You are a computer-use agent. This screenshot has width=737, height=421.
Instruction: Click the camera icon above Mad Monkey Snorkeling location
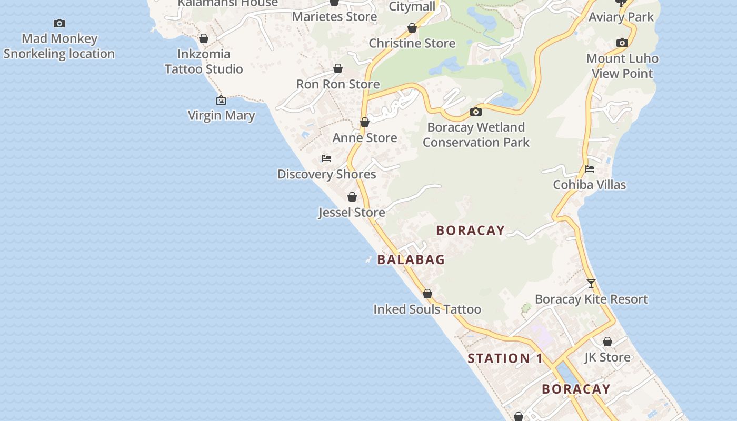(59, 23)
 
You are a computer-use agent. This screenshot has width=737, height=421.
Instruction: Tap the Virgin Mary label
(221, 115)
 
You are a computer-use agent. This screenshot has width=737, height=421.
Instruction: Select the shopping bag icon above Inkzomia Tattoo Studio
(204, 38)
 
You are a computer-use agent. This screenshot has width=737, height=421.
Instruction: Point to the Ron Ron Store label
(337, 84)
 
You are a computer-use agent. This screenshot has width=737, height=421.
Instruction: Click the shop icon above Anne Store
(365, 123)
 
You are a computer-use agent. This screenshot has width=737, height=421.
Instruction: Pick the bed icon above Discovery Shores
(326, 158)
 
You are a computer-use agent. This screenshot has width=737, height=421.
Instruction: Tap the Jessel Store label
(352, 212)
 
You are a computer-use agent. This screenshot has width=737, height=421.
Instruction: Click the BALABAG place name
(411, 259)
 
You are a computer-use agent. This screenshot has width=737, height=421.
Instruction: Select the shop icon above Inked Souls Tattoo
(427, 294)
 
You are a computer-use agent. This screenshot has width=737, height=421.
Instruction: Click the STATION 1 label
(505, 358)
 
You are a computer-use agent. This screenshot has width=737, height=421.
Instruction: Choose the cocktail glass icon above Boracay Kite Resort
(591, 284)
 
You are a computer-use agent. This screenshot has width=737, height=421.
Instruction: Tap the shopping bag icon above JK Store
(607, 342)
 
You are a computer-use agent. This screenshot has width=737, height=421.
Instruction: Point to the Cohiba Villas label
(589, 185)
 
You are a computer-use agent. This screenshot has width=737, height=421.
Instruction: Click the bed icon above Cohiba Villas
(590, 169)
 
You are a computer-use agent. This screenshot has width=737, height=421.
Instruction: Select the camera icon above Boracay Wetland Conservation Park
(476, 112)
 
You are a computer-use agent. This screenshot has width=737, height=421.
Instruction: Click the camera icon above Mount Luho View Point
(622, 43)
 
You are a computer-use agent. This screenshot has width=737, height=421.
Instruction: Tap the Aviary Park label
(621, 17)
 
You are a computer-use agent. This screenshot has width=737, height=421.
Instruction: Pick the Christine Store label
(412, 43)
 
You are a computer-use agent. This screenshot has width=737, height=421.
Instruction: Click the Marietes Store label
(334, 16)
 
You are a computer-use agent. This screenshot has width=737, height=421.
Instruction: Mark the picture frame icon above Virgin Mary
(221, 100)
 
